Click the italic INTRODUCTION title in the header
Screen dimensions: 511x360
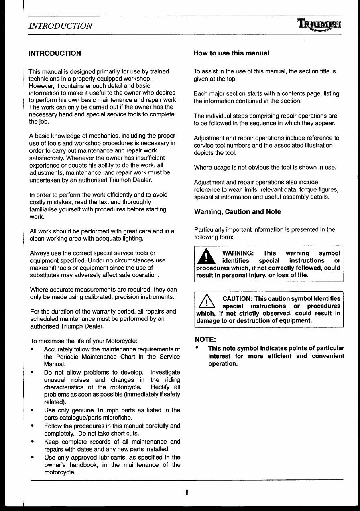pos(61,26)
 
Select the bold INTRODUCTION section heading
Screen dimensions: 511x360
pos(55,53)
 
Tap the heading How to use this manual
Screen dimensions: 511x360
pos(231,53)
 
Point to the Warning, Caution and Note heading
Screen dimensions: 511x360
pos(237,212)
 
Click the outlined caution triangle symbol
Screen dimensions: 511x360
pos(205,302)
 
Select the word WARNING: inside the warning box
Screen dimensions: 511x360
pos(238,253)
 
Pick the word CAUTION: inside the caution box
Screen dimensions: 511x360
pos(237,299)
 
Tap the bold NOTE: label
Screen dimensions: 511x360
pos(205,339)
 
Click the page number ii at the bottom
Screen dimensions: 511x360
pos(187,493)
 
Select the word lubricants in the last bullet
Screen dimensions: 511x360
pos(113,457)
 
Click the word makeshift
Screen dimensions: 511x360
pos(45,268)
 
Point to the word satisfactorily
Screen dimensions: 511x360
pos(49,158)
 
